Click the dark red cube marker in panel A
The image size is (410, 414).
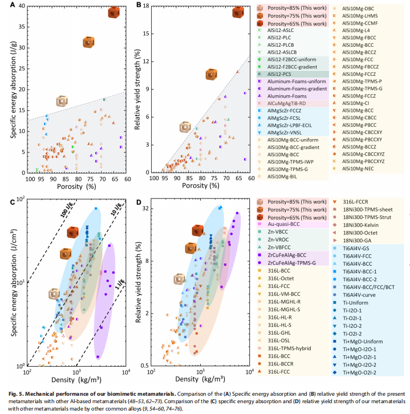(x=114, y=13)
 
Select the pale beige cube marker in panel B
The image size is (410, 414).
(x=185, y=127)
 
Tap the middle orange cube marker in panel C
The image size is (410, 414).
(x=66, y=254)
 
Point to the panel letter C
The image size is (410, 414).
(x=13, y=202)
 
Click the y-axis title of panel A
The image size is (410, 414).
(x=14, y=90)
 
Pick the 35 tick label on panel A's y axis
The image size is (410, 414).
(x=22, y=27)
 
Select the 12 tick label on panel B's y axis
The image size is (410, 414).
(x=146, y=62)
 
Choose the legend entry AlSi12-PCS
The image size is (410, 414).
(x=279, y=74)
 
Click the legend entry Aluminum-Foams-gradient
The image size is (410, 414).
(x=297, y=89)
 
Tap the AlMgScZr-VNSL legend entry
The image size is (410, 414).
(x=285, y=132)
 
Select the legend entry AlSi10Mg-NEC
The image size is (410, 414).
(x=358, y=168)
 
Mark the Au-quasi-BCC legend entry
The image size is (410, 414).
(x=283, y=224)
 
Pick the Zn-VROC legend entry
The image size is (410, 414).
(x=278, y=240)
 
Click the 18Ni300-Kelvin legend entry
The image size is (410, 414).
(x=360, y=225)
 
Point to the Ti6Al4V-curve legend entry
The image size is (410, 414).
(x=359, y=295)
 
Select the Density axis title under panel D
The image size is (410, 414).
(x=200, y=379)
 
